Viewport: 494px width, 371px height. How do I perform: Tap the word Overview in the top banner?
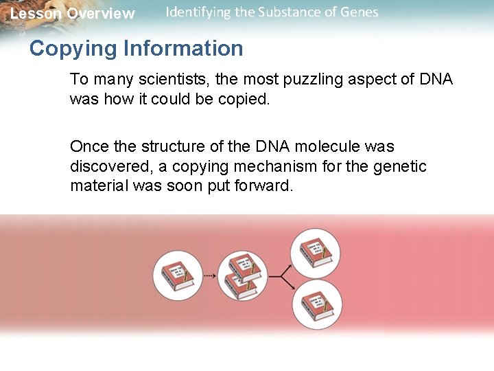point(101,14)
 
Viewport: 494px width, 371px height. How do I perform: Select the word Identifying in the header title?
point(198,12)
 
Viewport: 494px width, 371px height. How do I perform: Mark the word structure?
point(170,146)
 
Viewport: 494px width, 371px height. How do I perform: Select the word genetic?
point(401,166)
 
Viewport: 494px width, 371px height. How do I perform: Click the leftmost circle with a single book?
point(177,276)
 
